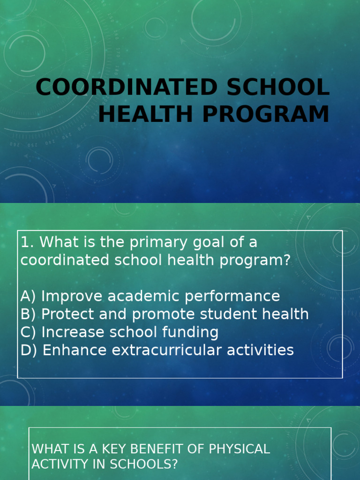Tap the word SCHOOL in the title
[x=278, y=87]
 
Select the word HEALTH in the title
[x=145, y=114]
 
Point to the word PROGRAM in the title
[x=266, y=114]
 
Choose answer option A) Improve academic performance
[x=150, y=296]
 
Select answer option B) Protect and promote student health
[x=165, y=314]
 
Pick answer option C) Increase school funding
[x=120, y=332]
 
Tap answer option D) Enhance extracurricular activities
[x=157, y=350]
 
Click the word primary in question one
[x=158, y=243]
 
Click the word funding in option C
[x=190, y=332]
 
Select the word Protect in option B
[x=67, y=314]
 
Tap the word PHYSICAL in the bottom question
[x=239, y=449]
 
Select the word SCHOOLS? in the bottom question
[x=143, y=464]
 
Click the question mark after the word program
[x=286, y=260]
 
